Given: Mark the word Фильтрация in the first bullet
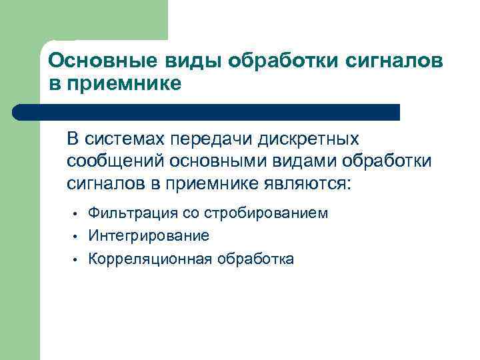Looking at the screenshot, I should click(133, 213).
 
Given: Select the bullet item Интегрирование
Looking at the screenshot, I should click(149, 236).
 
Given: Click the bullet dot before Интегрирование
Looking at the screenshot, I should click(77, 237).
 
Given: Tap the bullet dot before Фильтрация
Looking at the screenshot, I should click(77, 214).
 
